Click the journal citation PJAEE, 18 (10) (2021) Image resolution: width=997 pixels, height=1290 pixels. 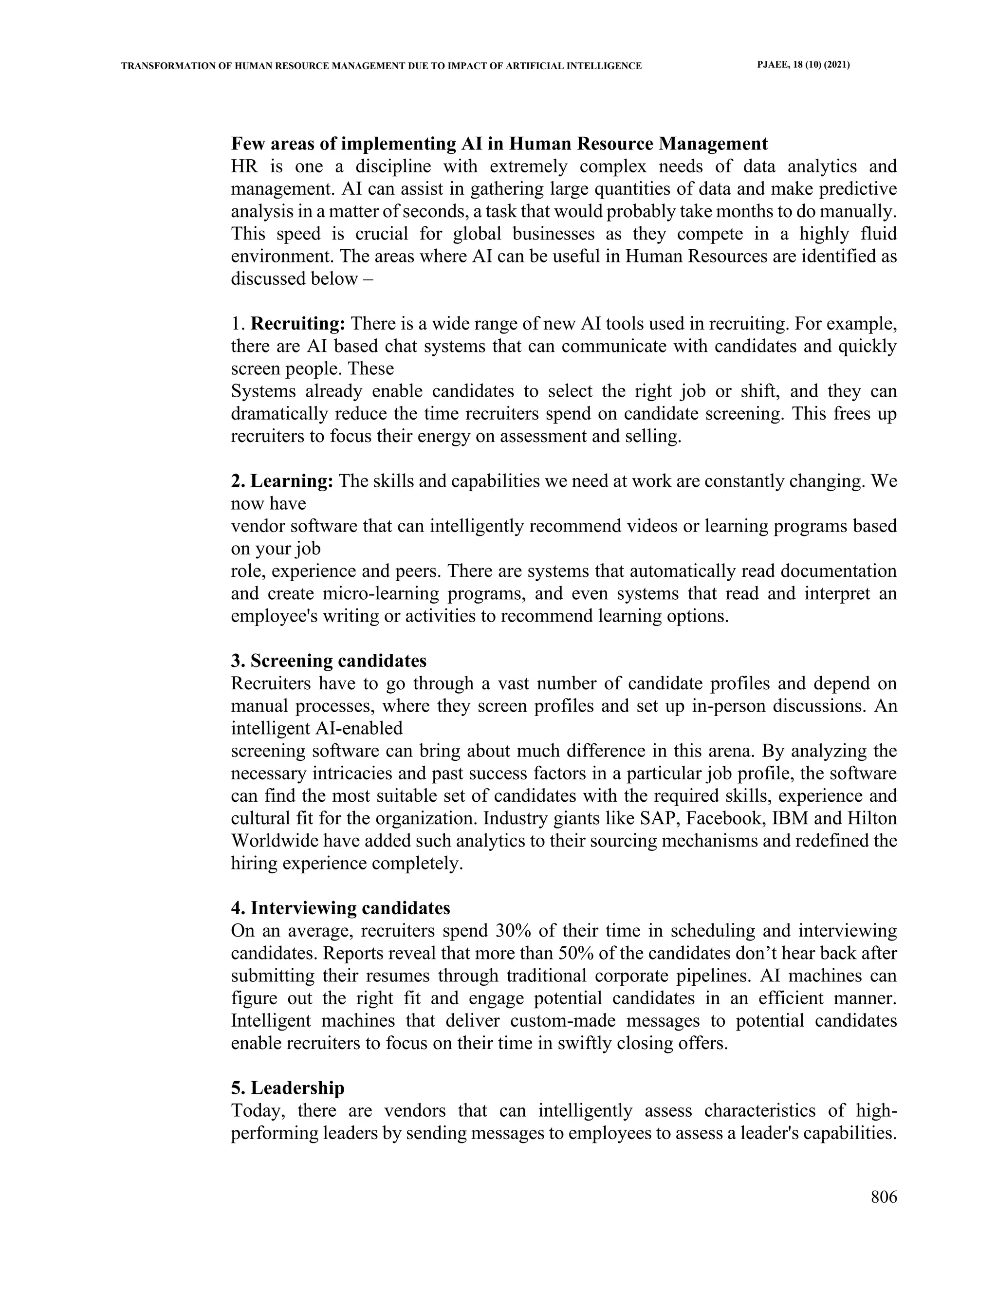[x=803, y=65]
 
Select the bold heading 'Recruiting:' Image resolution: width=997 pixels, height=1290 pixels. [x=297, y=324]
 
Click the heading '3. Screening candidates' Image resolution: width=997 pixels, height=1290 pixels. [x=329, y=661]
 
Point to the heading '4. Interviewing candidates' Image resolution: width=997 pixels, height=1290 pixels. [x=340, y=907]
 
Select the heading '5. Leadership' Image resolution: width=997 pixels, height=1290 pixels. [x=288, y=1087]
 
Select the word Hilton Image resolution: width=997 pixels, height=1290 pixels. [x=872, y=819]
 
